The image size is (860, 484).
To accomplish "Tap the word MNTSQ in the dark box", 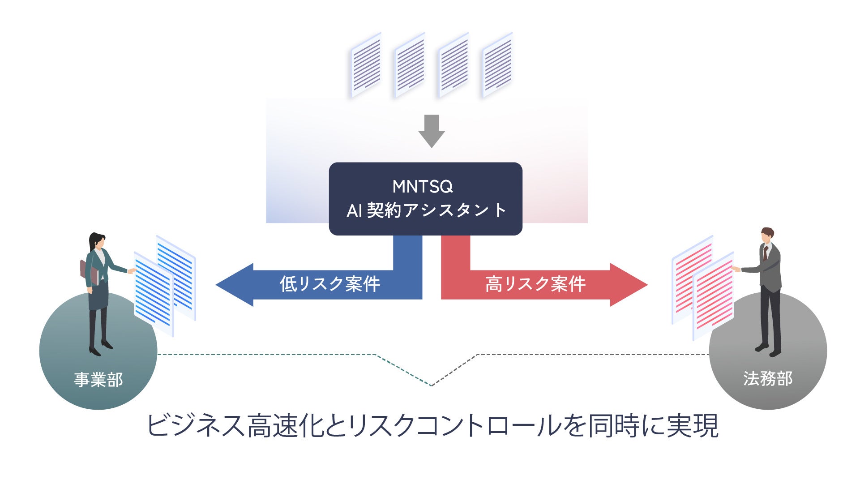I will click(x=423, y=186).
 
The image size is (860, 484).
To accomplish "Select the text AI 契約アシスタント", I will click(x=426, y=210).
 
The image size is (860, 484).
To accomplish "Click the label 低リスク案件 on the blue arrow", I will click(x=330, y=284).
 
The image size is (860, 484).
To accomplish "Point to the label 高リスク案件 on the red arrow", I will click(x=535, y=284).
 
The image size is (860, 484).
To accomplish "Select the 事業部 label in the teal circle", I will click(x=98, y=380).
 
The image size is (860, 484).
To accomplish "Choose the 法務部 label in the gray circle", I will click(x=767, y=379).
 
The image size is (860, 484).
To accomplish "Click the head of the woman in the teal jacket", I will click(x=96, y=241).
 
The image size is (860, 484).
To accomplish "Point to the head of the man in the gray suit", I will click(x=767, y=236).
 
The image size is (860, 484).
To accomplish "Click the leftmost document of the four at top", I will click(x=366, y=65).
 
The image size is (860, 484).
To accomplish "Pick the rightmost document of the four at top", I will click(x=497, y=65).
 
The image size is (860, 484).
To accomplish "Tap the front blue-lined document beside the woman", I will click(x=154, y=293).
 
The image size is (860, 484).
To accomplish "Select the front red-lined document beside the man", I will click(x=714, y=296).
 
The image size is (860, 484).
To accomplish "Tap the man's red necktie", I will click(x=766, y=253).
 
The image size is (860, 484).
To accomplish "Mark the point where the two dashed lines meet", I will click(x=432, y=385).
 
